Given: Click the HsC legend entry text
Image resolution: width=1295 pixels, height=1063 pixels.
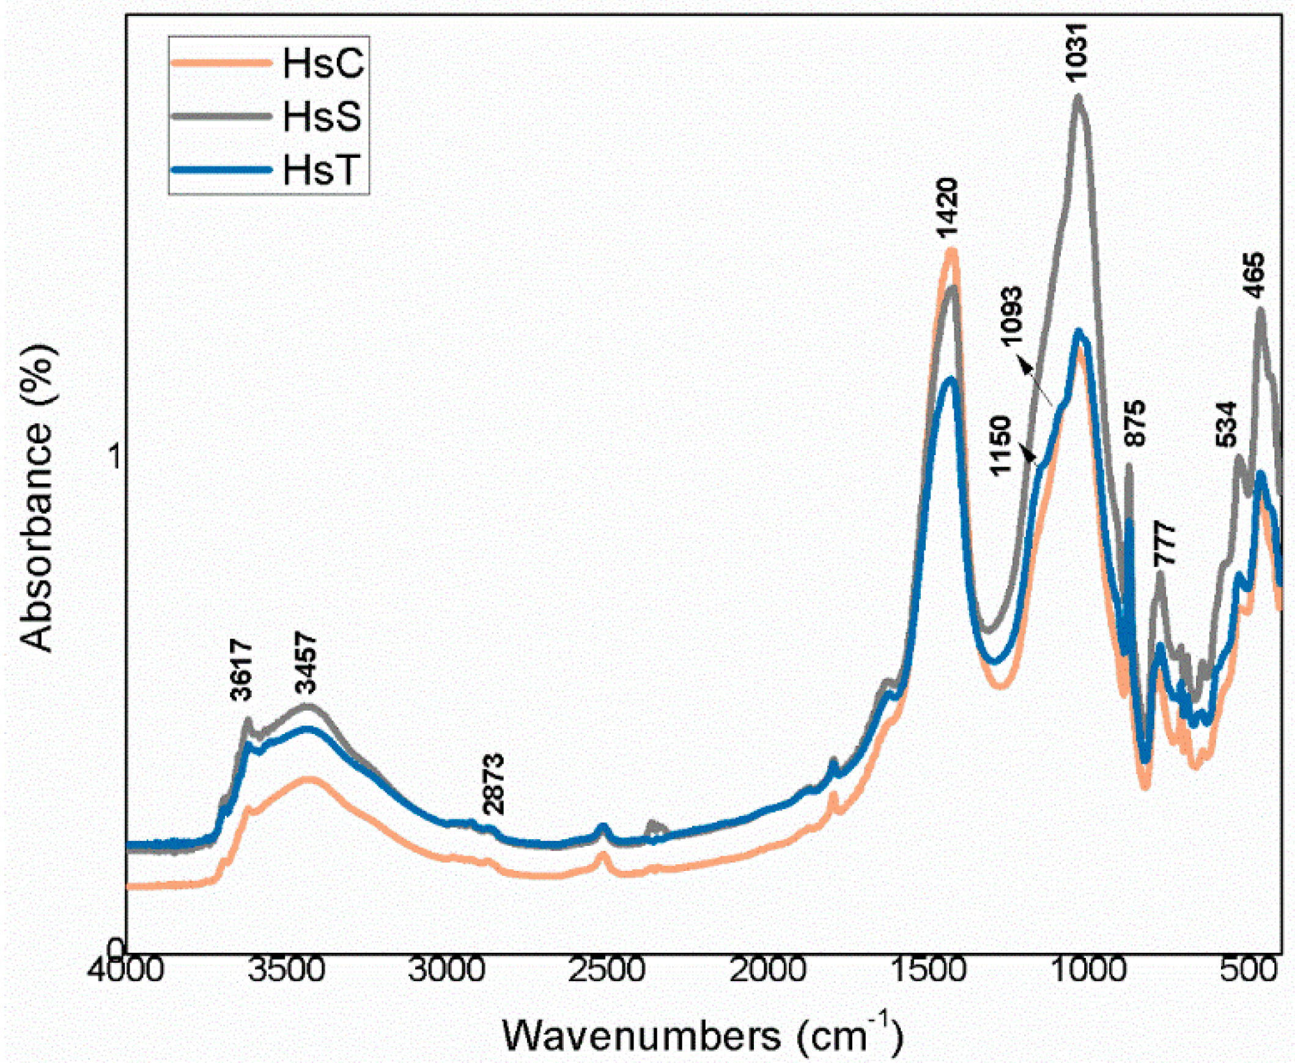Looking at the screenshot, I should [x=323, y=64].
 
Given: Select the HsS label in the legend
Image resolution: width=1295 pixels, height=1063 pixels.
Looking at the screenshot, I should [x=322, y=116].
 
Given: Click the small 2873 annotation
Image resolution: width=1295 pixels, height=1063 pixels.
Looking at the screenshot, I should [x=493, y=783].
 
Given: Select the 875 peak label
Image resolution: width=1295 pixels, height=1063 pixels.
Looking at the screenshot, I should [x=1134, y=424].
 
